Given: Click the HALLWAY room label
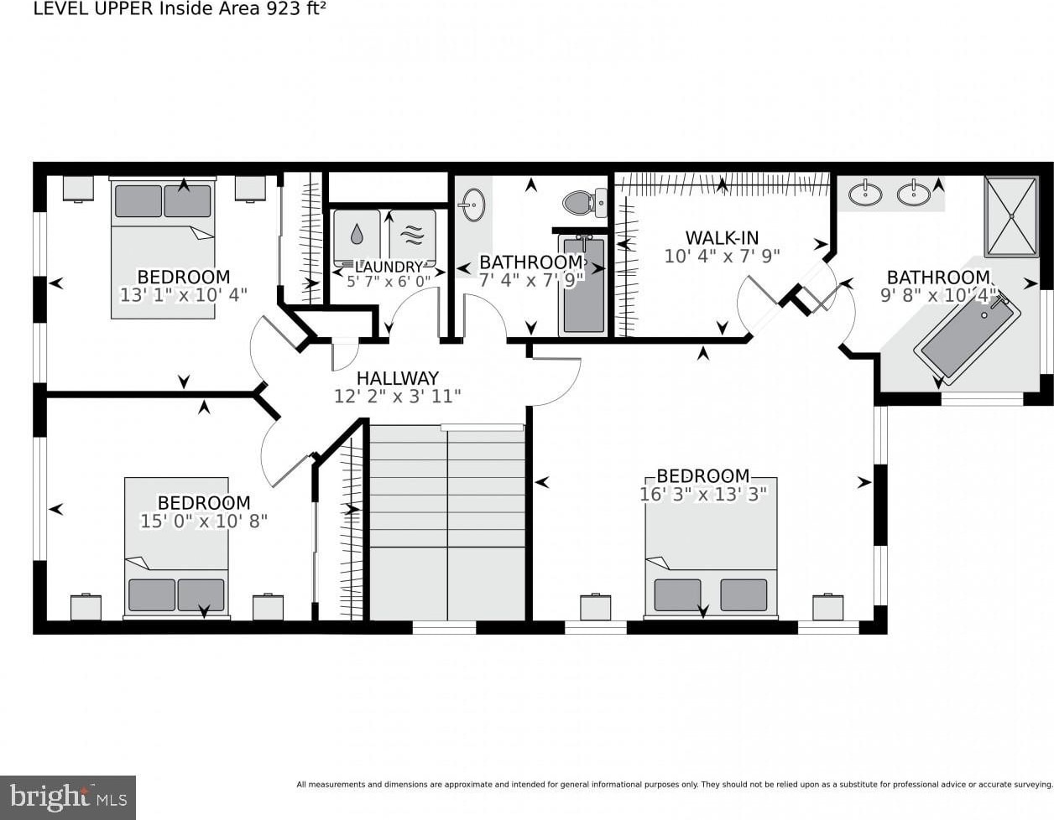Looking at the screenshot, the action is (x=398, y=378).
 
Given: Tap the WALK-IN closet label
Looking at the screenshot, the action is (x=722, y=238).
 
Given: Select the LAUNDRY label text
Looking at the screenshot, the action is (x=389, y=267).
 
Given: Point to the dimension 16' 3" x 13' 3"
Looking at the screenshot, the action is (x=703, y=495).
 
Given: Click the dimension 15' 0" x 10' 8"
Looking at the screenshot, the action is (x=204, y=522).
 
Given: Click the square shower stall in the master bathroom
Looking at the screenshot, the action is (x=1011, y=216).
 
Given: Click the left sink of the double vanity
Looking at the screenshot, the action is (x=865, y=194).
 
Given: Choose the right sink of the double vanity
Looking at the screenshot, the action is (x=914, y=194).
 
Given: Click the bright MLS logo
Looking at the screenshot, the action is (x=68, y=797).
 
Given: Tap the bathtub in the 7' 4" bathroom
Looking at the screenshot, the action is (x=583, y=285).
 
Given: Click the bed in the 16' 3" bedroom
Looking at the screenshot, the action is (x=711, y=548).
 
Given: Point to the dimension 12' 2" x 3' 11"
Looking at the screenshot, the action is (x=398, y=397).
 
